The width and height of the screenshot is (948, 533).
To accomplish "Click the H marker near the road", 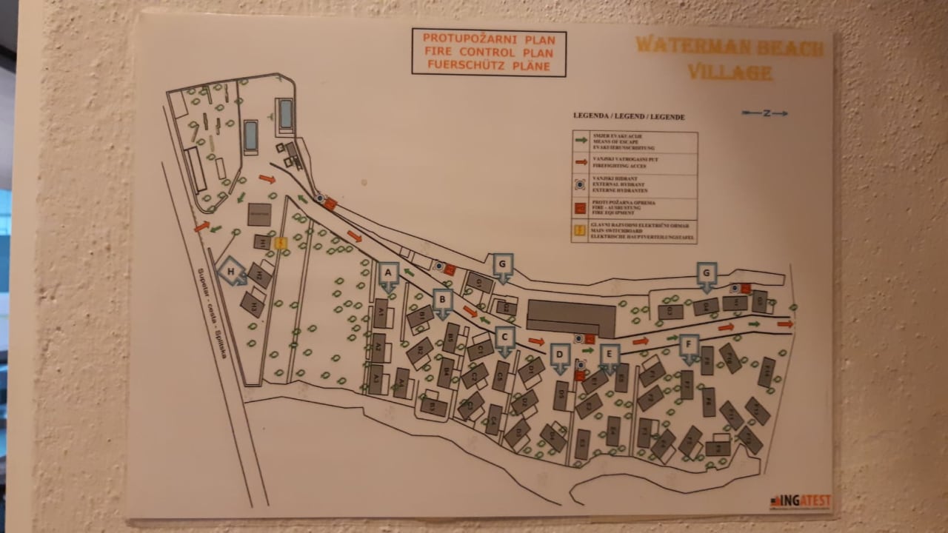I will [233, 272].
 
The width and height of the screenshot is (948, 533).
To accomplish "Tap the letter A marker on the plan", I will [389, 275].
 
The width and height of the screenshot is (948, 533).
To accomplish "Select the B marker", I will [443, 301].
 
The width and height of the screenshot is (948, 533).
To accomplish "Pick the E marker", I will [610, 356].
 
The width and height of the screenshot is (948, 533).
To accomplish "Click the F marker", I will [690, 346].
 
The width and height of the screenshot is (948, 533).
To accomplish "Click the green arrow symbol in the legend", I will [581, 140].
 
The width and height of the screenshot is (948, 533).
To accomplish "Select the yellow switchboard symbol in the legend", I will [581, 229].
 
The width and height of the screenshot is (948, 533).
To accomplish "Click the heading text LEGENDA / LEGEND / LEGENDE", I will [628, 117].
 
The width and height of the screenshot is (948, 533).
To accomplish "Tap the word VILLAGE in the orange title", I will [729, 73].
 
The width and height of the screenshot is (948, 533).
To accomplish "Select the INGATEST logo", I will [800, 501].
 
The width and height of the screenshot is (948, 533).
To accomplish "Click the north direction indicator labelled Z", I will [765, 113].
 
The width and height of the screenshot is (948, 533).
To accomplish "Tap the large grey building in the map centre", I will [570, 318].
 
